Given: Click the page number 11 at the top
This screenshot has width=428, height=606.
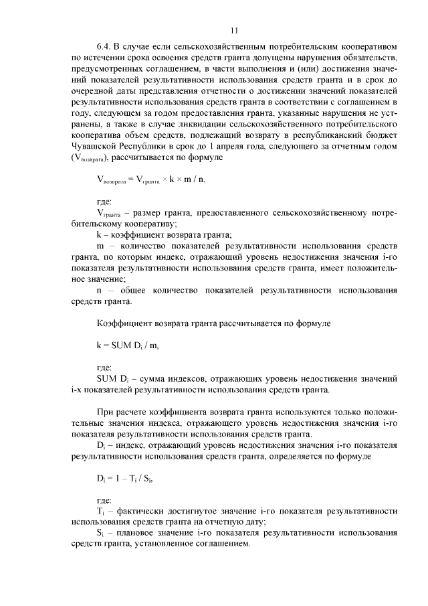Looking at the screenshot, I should [x=233, y=30].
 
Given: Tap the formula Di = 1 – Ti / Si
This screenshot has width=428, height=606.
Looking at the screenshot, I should [x=129, y=479].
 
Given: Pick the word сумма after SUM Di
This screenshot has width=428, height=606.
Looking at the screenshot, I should [x=155, y=379].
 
